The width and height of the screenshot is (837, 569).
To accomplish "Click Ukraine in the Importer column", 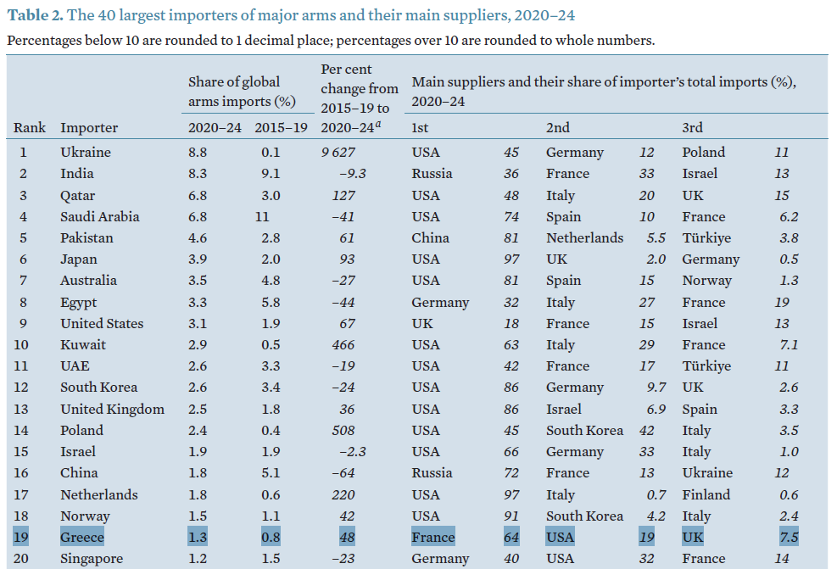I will pyautogui.click(x=86, y=153).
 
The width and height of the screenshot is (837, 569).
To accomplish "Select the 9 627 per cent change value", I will pyautogui.click(x=337, y=153).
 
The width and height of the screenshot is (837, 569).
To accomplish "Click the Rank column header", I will pyautogui.click(x=30, y=127).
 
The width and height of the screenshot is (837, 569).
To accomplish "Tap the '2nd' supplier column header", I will pyautogui.click(x=558, y=127).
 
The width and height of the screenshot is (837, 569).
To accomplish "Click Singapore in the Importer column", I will pyautogui.click(x=92, y=559).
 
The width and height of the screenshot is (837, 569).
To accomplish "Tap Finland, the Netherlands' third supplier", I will pyautogui.click(x=706, y=494).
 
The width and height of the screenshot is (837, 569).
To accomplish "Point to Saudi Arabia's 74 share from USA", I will pyautogui.click(x=511, y=216).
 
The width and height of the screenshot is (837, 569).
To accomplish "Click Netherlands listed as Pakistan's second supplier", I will pyautogui.click(x=584, y=238).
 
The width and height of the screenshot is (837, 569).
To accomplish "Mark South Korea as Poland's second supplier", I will pyautogui.click(x=584, y=431).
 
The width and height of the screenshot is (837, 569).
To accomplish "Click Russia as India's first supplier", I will pyautogui.click(x=432, y=174).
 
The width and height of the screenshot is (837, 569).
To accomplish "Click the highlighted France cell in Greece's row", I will pyautogui.click(x=432, y=538).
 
